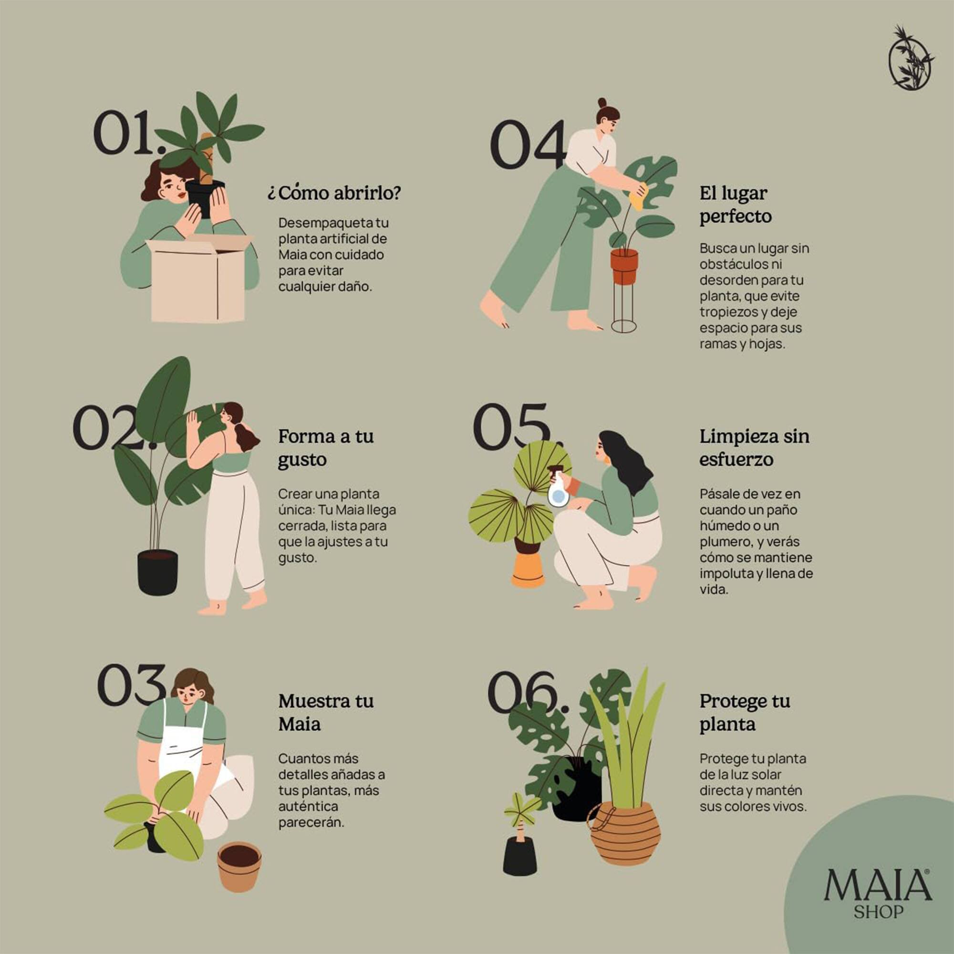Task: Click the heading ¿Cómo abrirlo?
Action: (x=334, y=193)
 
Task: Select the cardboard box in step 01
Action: (x=197, y=281)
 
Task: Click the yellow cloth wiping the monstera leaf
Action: (x=637, y=196)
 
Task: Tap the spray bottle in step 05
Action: (x=558, y=489)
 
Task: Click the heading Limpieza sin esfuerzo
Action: (x=754, y=448)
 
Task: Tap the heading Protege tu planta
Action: (x=744, y=713)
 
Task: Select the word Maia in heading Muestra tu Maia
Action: (x=299, y=725)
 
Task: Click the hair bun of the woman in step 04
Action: (x=602, y=103)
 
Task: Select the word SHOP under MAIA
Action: (x=879, y=912)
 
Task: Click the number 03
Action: (x=131, y=686)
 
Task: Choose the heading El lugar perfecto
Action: (x=735, y=205)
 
